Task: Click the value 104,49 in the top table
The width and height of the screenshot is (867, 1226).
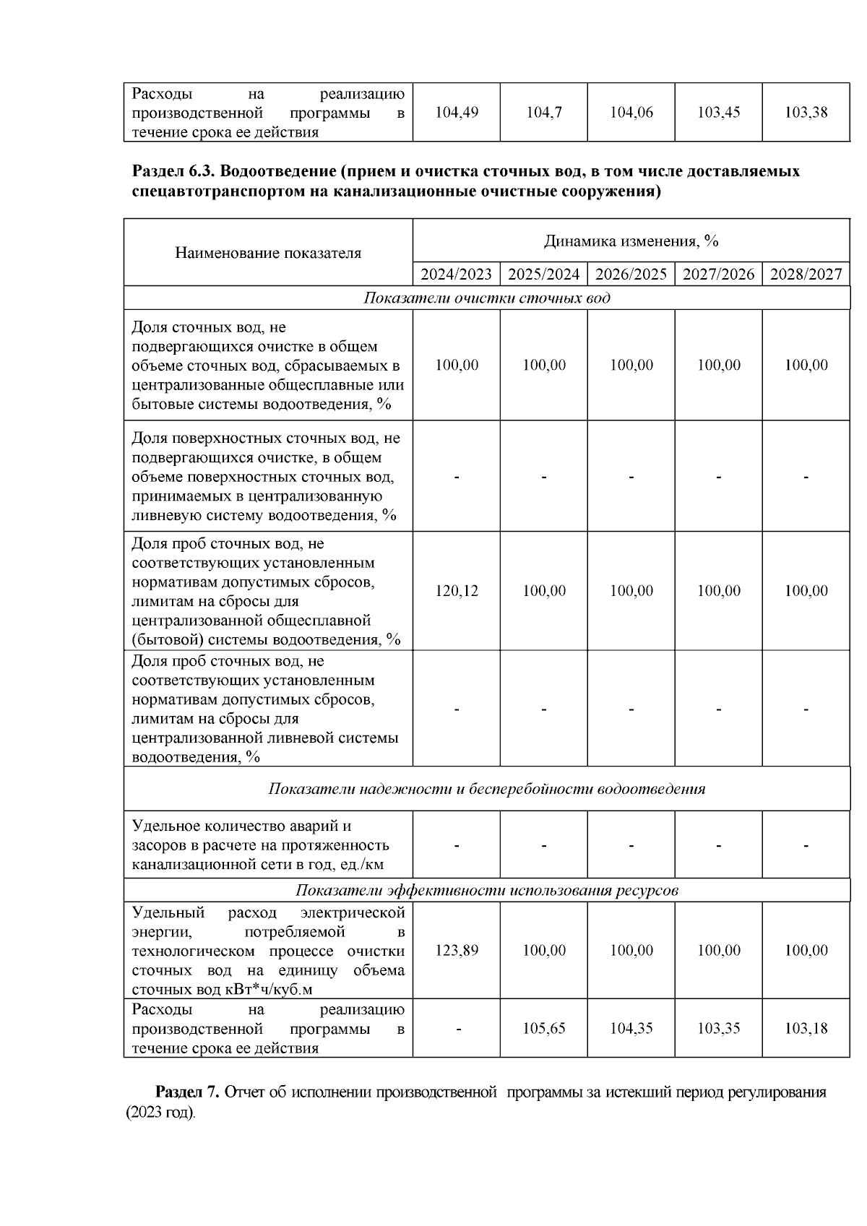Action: click(x=457, y=113)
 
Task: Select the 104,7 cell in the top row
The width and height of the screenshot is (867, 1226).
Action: click(x=544, y=113)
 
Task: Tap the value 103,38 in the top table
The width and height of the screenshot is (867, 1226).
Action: click(x=806, y=113)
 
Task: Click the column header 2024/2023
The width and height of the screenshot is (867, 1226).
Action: click(x=456, y=275)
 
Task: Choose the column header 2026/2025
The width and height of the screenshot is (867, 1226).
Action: click(x=631, y=275)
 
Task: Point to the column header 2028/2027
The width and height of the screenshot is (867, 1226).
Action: click(x=806, y=275)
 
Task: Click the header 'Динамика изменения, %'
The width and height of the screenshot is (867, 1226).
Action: click(x=631, y=241)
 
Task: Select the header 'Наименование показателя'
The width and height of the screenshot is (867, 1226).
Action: click(x=268, y=253)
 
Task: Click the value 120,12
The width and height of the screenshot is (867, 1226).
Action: click(x=457, y=591)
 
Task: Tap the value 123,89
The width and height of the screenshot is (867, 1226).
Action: click(x=457, y=951)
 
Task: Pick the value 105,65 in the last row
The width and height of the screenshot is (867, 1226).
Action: click(x=544, y=1028)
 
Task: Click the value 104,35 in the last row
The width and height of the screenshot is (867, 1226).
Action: click(x=631, y=1028)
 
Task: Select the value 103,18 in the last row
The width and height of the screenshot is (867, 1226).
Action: click(x=806, y=1028)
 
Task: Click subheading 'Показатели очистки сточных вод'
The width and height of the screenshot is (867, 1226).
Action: click(x=486, y=298)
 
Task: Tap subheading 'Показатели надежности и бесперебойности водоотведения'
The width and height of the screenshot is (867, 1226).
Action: click(x=486, y=789)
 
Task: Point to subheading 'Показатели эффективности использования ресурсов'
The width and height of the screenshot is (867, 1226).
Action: click(x=486, y=890)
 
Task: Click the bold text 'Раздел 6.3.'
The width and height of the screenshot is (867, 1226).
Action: click(x=173, y=172)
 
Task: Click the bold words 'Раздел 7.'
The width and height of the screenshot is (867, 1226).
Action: click(x=187, y=1092)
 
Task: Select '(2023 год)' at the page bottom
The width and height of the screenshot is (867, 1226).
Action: click(x=160, y=1113)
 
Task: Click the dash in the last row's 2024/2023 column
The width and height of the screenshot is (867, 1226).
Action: click(x=457, y=1029)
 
